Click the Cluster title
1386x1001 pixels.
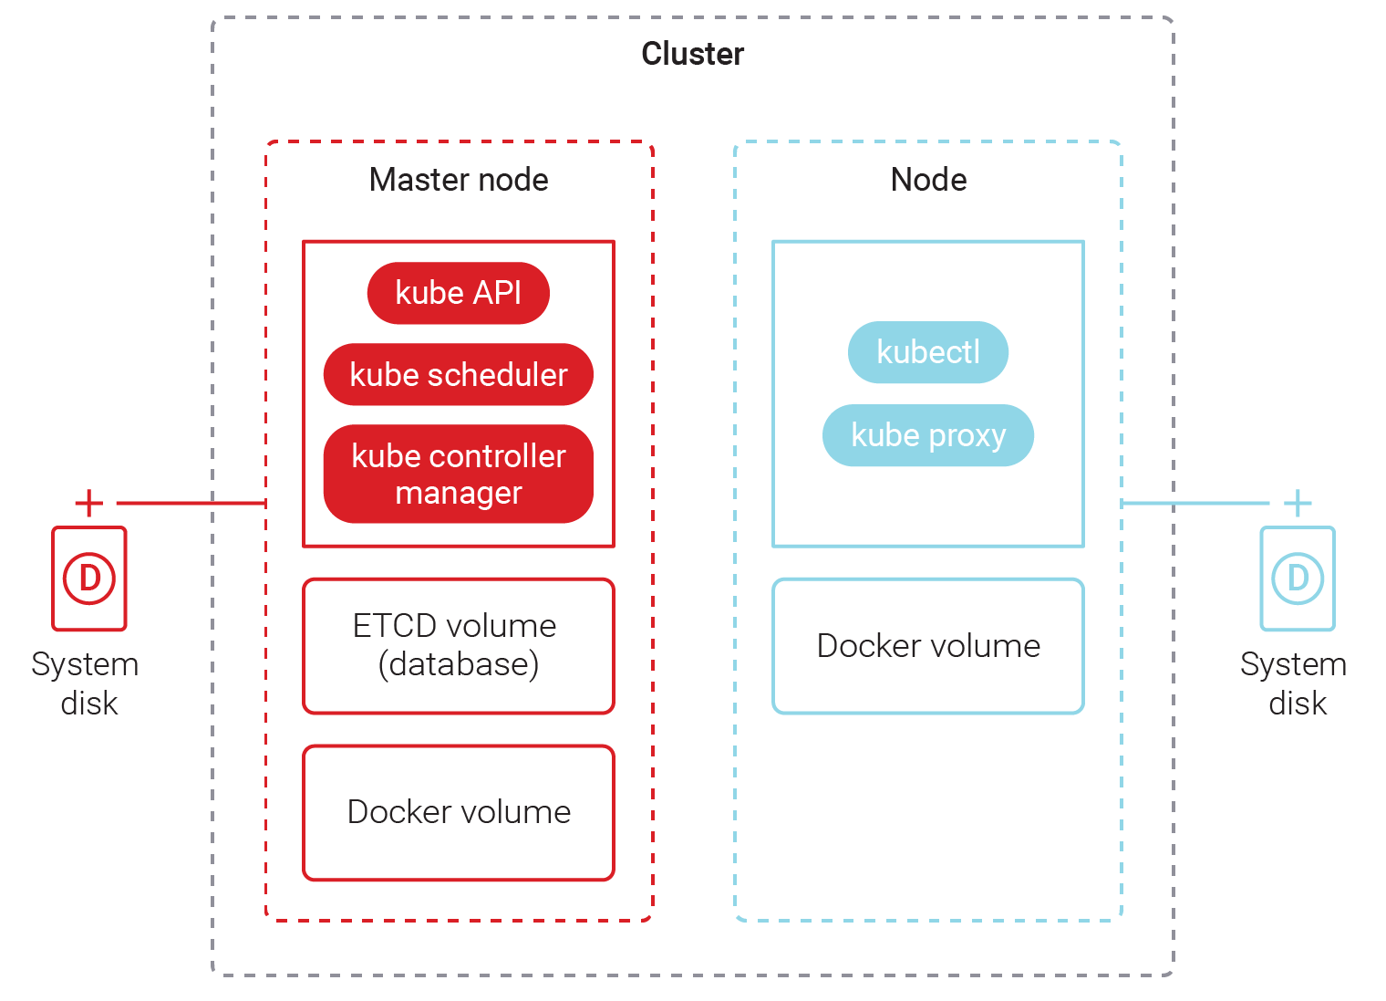[692, 54]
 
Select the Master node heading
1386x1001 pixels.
[459, 180]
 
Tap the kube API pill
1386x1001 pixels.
[459, 293]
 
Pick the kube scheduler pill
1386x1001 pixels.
[459, 374]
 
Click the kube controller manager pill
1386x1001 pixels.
[459, 474]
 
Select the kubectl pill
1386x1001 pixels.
[928, 352]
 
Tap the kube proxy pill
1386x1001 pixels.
[928, 435]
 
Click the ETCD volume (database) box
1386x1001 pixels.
[459, 646]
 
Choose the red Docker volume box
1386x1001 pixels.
[459, 812]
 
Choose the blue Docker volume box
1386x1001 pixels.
[928, 646]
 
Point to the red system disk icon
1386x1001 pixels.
[89, 579]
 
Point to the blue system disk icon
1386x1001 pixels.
[1298, 579]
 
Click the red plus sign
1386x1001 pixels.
[89, 503]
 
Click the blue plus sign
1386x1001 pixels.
[1298, 503]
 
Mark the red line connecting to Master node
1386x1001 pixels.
[191, 503]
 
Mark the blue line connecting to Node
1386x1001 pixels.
[1195, 503]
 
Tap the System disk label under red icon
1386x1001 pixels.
[86, 683]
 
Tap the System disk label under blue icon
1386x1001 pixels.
[1294, 683]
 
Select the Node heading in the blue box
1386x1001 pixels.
[928, 180]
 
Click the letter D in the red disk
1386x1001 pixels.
[89, 579]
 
